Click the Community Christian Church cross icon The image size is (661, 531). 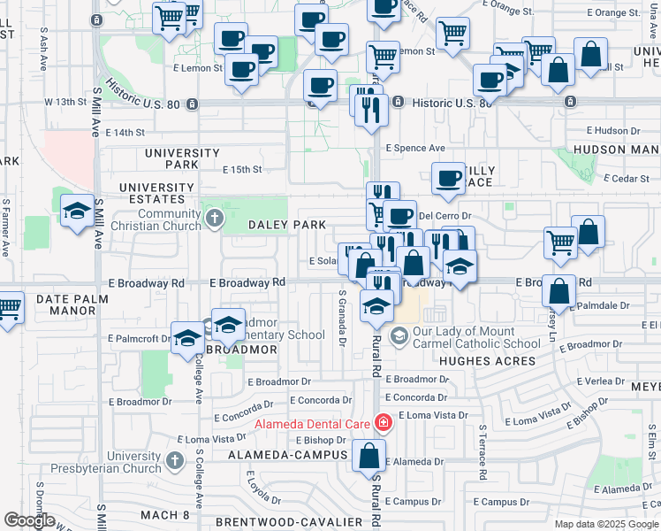(213, 217)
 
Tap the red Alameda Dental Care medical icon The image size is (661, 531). (383, 423)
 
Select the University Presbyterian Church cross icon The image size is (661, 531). (174, 461)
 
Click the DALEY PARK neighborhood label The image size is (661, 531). (286, 226)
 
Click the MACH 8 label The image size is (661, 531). (165, 515)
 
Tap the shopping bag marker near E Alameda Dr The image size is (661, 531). (369, 457)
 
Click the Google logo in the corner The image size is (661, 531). (29, 521)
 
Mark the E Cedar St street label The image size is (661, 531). (624, 179)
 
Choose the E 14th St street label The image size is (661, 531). (124, 133)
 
